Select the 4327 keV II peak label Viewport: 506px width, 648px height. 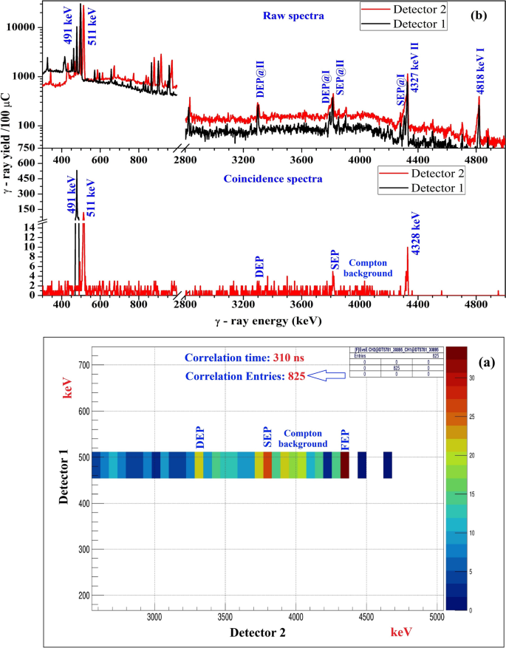click(414, 67)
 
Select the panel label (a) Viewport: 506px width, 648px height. click(485, 363)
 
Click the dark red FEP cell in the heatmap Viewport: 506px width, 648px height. click(345, 465)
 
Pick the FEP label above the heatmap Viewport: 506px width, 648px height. click(344, 438)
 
